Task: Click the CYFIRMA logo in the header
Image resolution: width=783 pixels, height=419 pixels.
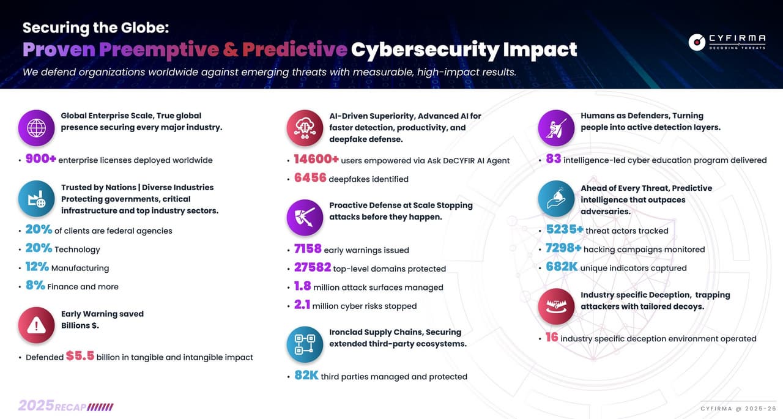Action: point(727,42)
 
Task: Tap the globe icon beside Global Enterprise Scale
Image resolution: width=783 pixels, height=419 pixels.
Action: point(36,128)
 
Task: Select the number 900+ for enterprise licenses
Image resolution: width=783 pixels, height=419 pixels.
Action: point(40,160)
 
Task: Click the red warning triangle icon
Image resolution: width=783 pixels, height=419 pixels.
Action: point(36,325)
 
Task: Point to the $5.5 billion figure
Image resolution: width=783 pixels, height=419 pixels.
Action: point(80,356)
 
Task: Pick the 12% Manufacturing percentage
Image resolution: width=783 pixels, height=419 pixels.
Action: point(37,267)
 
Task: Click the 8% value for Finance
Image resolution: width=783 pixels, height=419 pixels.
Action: point(35,286)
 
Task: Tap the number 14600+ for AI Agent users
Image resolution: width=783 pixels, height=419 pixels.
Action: point(316,160)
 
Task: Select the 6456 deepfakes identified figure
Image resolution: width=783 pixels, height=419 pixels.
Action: point(310,179)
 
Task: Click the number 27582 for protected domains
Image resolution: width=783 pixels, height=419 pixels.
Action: point(312,268)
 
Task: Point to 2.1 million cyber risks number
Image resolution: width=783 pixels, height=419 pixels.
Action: point(302,305)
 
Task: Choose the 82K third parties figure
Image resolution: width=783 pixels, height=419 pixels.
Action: point(306,376)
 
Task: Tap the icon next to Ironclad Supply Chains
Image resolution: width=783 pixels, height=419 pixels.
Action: point(305,344)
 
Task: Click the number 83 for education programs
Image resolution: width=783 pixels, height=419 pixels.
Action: point(553,160)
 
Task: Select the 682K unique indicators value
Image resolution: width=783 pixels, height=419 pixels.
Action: point(562,267)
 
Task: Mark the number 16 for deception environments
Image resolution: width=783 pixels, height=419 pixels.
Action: point(552,338)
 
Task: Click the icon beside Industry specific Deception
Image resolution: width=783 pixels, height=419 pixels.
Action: point(556,306)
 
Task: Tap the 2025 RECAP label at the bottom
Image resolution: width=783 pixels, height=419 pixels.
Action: point(65,406)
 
